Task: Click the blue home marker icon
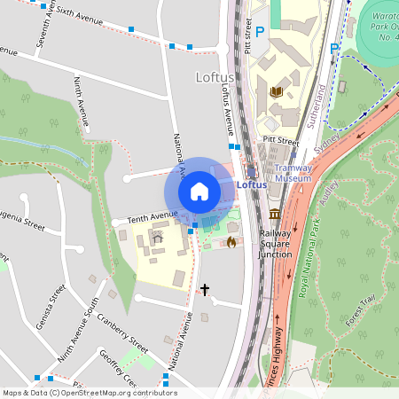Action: tap(199, 191)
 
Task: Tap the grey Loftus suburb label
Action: tap(214, 77)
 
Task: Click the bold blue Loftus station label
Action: tap(251, 184)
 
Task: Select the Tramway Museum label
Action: tap(292, 172)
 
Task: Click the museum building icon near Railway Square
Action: tap(275, 215)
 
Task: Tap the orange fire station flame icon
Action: tap(231, 241)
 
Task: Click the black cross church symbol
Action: tap(205, 289)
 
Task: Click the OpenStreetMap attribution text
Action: tap(90, 393)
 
